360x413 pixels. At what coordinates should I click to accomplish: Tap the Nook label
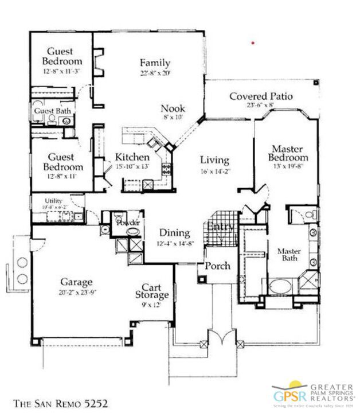[x=173, y=108]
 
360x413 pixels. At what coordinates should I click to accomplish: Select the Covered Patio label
[x=261, y=96]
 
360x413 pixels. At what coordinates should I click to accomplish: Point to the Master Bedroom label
[x=289, y=153]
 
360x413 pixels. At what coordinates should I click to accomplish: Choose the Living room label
[x=214, y=160]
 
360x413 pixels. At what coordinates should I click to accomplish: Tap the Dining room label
[x=175, y=233]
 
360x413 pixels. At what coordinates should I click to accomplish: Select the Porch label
[x=218, y=266]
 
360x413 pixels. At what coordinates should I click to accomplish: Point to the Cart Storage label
[x=155, y=291]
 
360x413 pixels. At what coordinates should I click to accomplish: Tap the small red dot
[x=253, y=42]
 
